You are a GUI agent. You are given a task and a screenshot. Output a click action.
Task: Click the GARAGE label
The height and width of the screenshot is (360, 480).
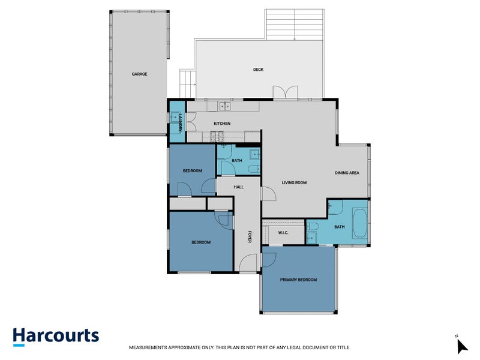pos(140,74)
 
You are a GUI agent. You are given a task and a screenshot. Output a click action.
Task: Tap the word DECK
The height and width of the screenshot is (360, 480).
pos(258,70)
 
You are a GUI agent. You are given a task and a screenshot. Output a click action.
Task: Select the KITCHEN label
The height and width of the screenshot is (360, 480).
pos(222,124)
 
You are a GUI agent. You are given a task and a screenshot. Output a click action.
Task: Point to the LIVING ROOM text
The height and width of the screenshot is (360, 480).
pos(295,182)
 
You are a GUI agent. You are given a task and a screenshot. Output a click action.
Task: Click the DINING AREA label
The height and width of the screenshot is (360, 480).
pos(347,173)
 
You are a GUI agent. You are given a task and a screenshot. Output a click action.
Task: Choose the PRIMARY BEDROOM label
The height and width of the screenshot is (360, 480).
pos(298,280)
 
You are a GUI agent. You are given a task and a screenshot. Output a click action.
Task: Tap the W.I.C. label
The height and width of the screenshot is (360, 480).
pos(284,232)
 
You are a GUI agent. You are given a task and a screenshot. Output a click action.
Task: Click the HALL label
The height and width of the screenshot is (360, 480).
pos(238,187)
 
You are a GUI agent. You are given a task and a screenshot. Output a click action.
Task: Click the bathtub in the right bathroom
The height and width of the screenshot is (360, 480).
pos(359,223)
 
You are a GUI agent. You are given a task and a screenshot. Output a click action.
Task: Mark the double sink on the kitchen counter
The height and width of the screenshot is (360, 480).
pos(224,106)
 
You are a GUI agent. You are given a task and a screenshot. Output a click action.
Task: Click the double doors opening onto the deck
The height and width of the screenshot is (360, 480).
pos(285,93)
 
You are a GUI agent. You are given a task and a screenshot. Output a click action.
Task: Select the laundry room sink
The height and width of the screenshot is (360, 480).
pos(176,116)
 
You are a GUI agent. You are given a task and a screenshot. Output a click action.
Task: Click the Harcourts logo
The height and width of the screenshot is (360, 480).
pos(56,336)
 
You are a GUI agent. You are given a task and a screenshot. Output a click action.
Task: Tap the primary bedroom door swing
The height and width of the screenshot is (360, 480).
pos(268,259)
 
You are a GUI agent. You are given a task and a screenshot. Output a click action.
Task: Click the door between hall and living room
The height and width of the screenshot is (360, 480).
pos(267,195)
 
